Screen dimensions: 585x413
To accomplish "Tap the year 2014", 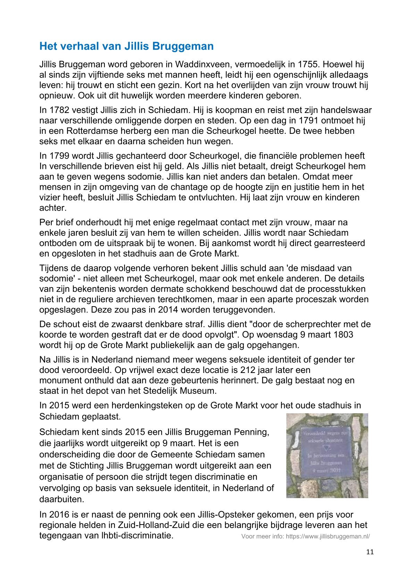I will (x=169, y=310).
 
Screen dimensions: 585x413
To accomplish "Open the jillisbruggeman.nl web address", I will (x=328, y=536).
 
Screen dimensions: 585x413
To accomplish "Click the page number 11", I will (x=370, y=552).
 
